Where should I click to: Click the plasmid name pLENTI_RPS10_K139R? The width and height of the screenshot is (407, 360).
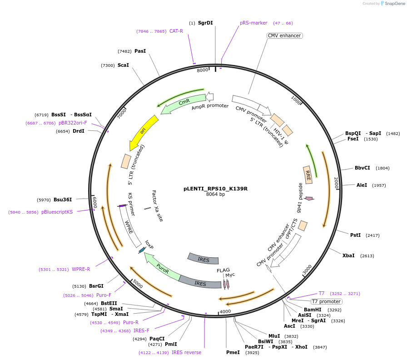pyautogui.click(x=215, y=188)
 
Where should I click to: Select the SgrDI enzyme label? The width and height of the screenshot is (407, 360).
pyautogui.click(x=205, y=23)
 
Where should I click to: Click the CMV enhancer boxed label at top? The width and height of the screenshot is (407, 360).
pyautogui.click(x=285, y=35)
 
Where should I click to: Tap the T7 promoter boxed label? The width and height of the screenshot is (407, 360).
pyautogui.click(x=326, y=301)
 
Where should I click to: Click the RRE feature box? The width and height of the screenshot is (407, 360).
pyautogui.click(x=308, y=175)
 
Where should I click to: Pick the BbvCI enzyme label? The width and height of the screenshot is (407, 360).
pyautogui.click(x=362, y=168)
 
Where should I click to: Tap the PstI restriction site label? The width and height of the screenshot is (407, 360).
pyautogui.click(x=355, y=235)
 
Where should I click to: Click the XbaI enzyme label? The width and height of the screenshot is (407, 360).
pyautogui.click(x=348, y=255)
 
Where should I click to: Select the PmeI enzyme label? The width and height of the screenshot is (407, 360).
pyautogui.click(x=233, y=352)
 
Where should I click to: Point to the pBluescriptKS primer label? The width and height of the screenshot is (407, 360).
pyautogui.click(x=57, y=212)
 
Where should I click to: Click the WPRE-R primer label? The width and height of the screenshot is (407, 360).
pyautogui.click(x=81, y=269)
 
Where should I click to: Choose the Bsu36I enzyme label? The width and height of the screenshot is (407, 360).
pyautogui.click(x=63, y=200)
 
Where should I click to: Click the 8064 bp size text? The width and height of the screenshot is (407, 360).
pyautogui.click(x=215, y=195)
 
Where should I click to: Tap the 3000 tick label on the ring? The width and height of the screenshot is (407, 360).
pyautogui.click(x=308, y=269)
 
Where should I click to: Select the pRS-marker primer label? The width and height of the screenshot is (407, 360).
pyautogui.click(x=253, y=23)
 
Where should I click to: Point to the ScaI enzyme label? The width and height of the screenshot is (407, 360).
pyautogui.click(x=123, y=65)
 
